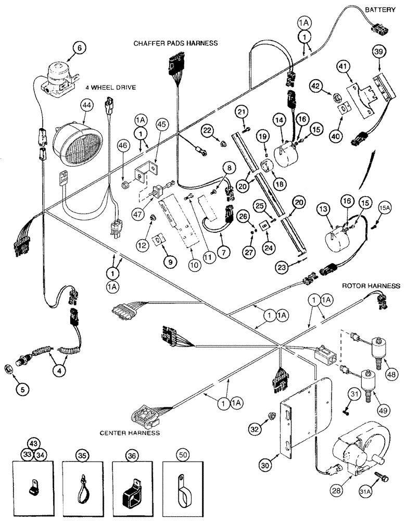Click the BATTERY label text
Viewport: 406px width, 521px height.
pos(382,10)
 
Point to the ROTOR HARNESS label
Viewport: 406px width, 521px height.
pos(371,286)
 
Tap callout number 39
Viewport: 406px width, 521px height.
pos(378,52)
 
